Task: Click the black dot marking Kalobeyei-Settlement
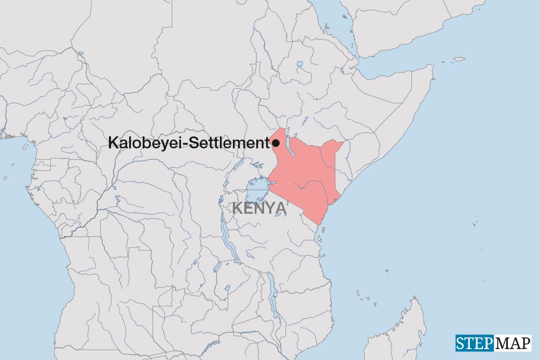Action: pyautogui.click(x=276, y=143)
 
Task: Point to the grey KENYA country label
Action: pyautogui.click(x=258, y=209)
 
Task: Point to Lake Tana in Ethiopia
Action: pyautogui.click(x=299, y=66)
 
